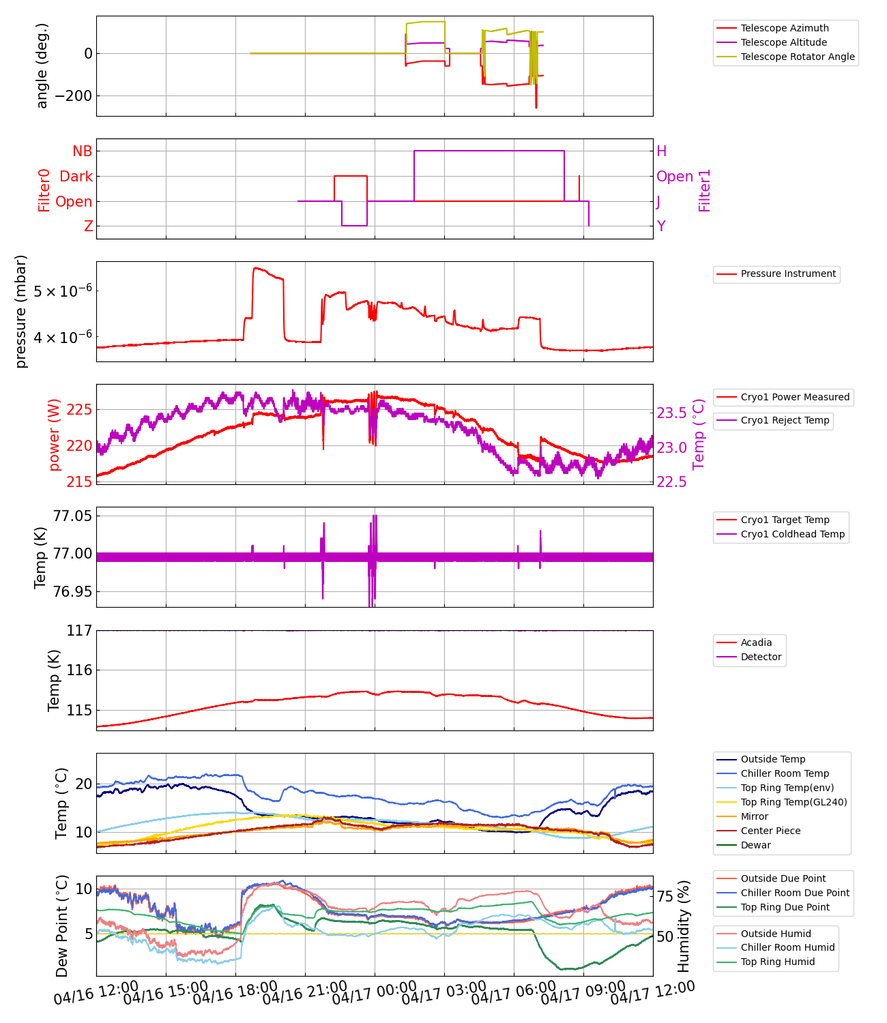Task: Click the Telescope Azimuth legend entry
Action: [x=785, y=28]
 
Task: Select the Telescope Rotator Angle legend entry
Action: [x=797, y=57]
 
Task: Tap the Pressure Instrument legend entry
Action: [x=787, y=273]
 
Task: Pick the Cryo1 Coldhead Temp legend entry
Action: [x=792, y=534]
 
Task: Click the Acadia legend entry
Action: [x=756, y=642]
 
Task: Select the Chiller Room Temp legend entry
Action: [x=785, y=773]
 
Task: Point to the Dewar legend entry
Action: [x=755, y=845]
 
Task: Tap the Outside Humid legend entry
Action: [x=776, y=934]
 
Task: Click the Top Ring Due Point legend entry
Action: [x=785, y=907]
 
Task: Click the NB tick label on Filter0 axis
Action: [x=82, y=151]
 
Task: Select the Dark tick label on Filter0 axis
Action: [x=76, y=177]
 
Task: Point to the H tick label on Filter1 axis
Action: [x=661, y=151]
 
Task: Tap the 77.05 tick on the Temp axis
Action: [x=72, y=516]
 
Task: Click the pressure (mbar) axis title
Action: [x=22, y=312]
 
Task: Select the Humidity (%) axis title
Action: [x=684, y=925]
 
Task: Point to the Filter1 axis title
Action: [x=705, y=190]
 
